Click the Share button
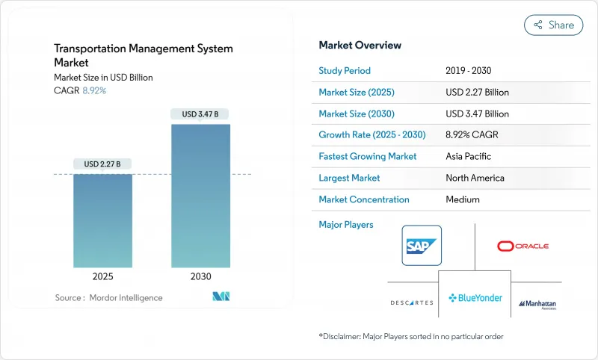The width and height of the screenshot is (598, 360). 554,25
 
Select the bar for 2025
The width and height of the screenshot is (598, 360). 103,221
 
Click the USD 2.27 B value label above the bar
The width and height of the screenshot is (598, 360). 103,164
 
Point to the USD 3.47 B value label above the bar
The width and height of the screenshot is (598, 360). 200,114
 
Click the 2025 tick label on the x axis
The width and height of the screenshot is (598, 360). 103,276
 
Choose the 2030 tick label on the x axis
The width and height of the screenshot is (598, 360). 200,276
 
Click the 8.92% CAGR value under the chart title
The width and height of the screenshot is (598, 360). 93,90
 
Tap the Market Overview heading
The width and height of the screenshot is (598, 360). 360,46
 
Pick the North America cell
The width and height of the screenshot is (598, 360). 475,179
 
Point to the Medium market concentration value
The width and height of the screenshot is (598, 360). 463,199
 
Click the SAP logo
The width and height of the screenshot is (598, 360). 422,245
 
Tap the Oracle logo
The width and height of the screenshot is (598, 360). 523,246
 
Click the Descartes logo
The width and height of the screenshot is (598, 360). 411,302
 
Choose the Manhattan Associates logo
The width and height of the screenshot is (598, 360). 537,304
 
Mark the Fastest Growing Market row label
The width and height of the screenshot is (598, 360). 367,157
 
